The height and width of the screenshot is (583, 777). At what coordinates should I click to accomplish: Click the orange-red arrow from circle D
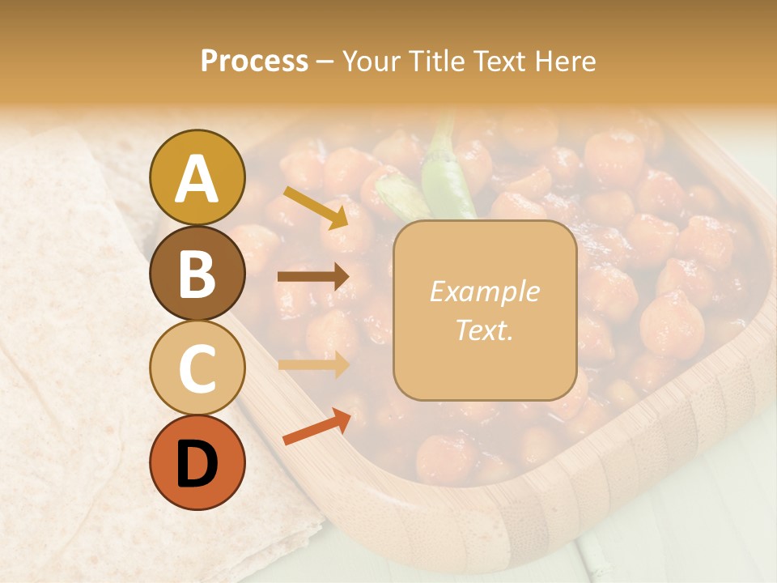tap(316, 427)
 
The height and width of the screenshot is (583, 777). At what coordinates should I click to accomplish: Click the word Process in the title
tap(254, 62)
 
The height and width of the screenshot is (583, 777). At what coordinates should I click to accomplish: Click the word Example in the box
tap(484, 292)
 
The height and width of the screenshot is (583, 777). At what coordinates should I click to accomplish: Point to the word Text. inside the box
tap(484, 331)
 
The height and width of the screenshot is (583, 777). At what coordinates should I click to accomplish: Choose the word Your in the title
tap(372, 62)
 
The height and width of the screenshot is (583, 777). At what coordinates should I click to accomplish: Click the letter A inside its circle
tap(197, 178)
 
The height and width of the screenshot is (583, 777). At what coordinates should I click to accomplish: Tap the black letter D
tap(197, 464)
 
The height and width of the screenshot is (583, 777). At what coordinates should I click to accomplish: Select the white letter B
tap(197, 274)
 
